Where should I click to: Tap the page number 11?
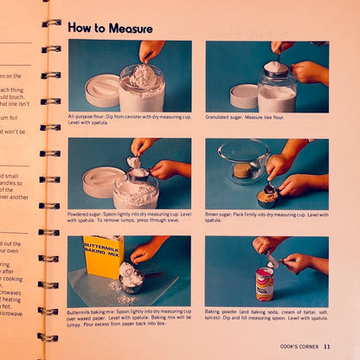tap(326, 346)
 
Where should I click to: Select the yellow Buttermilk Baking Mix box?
tap(104, 255)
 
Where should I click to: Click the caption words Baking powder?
tap(224, 311)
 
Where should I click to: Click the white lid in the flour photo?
tap(102, 90)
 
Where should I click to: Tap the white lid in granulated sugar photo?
tap(244, 94)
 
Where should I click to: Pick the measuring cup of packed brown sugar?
tap(267, 194)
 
